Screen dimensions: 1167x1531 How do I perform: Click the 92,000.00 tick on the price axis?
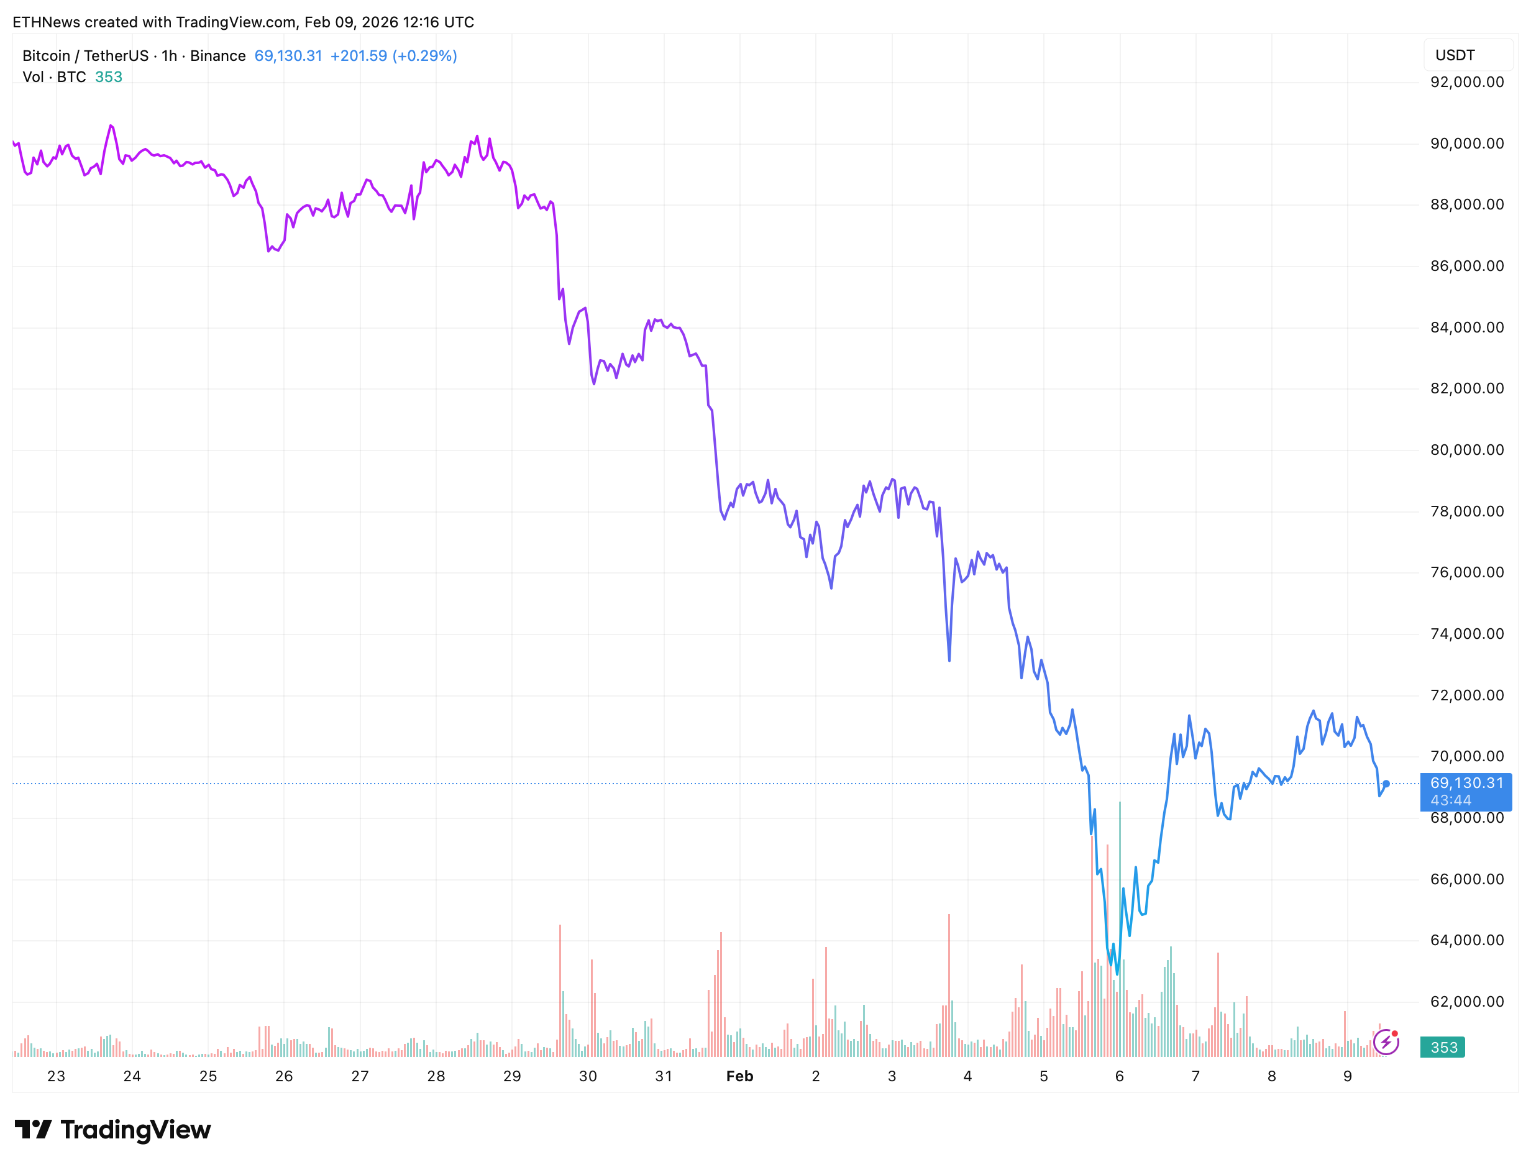tap(1466, 82)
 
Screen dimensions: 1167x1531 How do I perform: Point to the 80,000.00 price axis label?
tap(1466, 449)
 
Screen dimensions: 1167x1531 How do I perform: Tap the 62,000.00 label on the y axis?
tap(1466, 1001)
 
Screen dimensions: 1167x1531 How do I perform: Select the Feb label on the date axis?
tap(739, 1076)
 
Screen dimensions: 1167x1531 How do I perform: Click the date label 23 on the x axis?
tap(57, 1076)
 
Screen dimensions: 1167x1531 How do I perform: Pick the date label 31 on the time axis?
tap(664, 1076)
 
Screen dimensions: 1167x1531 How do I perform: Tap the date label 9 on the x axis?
tap(1347, 1076)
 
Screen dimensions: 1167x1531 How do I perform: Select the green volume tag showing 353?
tap(1442, 1047)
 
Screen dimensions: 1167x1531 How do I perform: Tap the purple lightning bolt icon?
tap(1385, 1042)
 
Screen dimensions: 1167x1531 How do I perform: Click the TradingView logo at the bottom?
tap(112, 1130)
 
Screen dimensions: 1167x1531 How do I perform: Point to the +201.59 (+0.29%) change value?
tap(393, 55)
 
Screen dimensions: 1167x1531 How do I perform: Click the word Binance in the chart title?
tap(217, 55)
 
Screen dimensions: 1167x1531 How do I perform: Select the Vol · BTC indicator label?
tap(54, 77)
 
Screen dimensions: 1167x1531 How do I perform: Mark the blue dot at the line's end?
tap(1386, 784)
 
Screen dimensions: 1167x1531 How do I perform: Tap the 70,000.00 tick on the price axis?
tap(1466, 756)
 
